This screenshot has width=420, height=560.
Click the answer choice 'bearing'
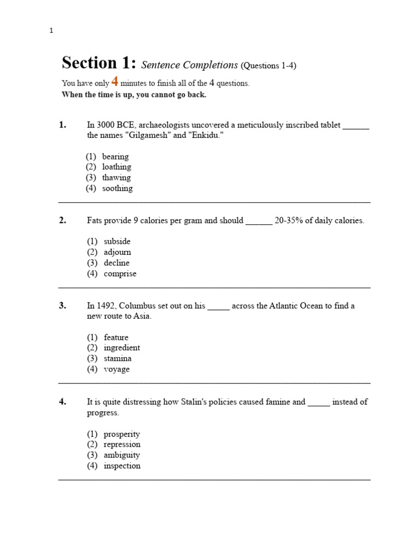[x=115, y=156]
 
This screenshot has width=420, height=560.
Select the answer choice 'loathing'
[x=116, y=167]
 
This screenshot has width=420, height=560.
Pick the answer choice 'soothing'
[x=117, y=188]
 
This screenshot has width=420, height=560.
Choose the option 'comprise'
[x=120, y=273]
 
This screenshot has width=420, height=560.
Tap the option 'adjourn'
[x=118, y=252]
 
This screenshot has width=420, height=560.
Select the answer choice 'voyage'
[x=117, y=369]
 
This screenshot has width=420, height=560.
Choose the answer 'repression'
[x=122, y=444]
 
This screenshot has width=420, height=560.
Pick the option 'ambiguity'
[x=122, y=455]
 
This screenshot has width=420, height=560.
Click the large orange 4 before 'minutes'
[x=115, y=82]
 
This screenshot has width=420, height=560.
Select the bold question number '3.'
[x=62, y=306]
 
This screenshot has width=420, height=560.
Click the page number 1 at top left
[x=51, y=31]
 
